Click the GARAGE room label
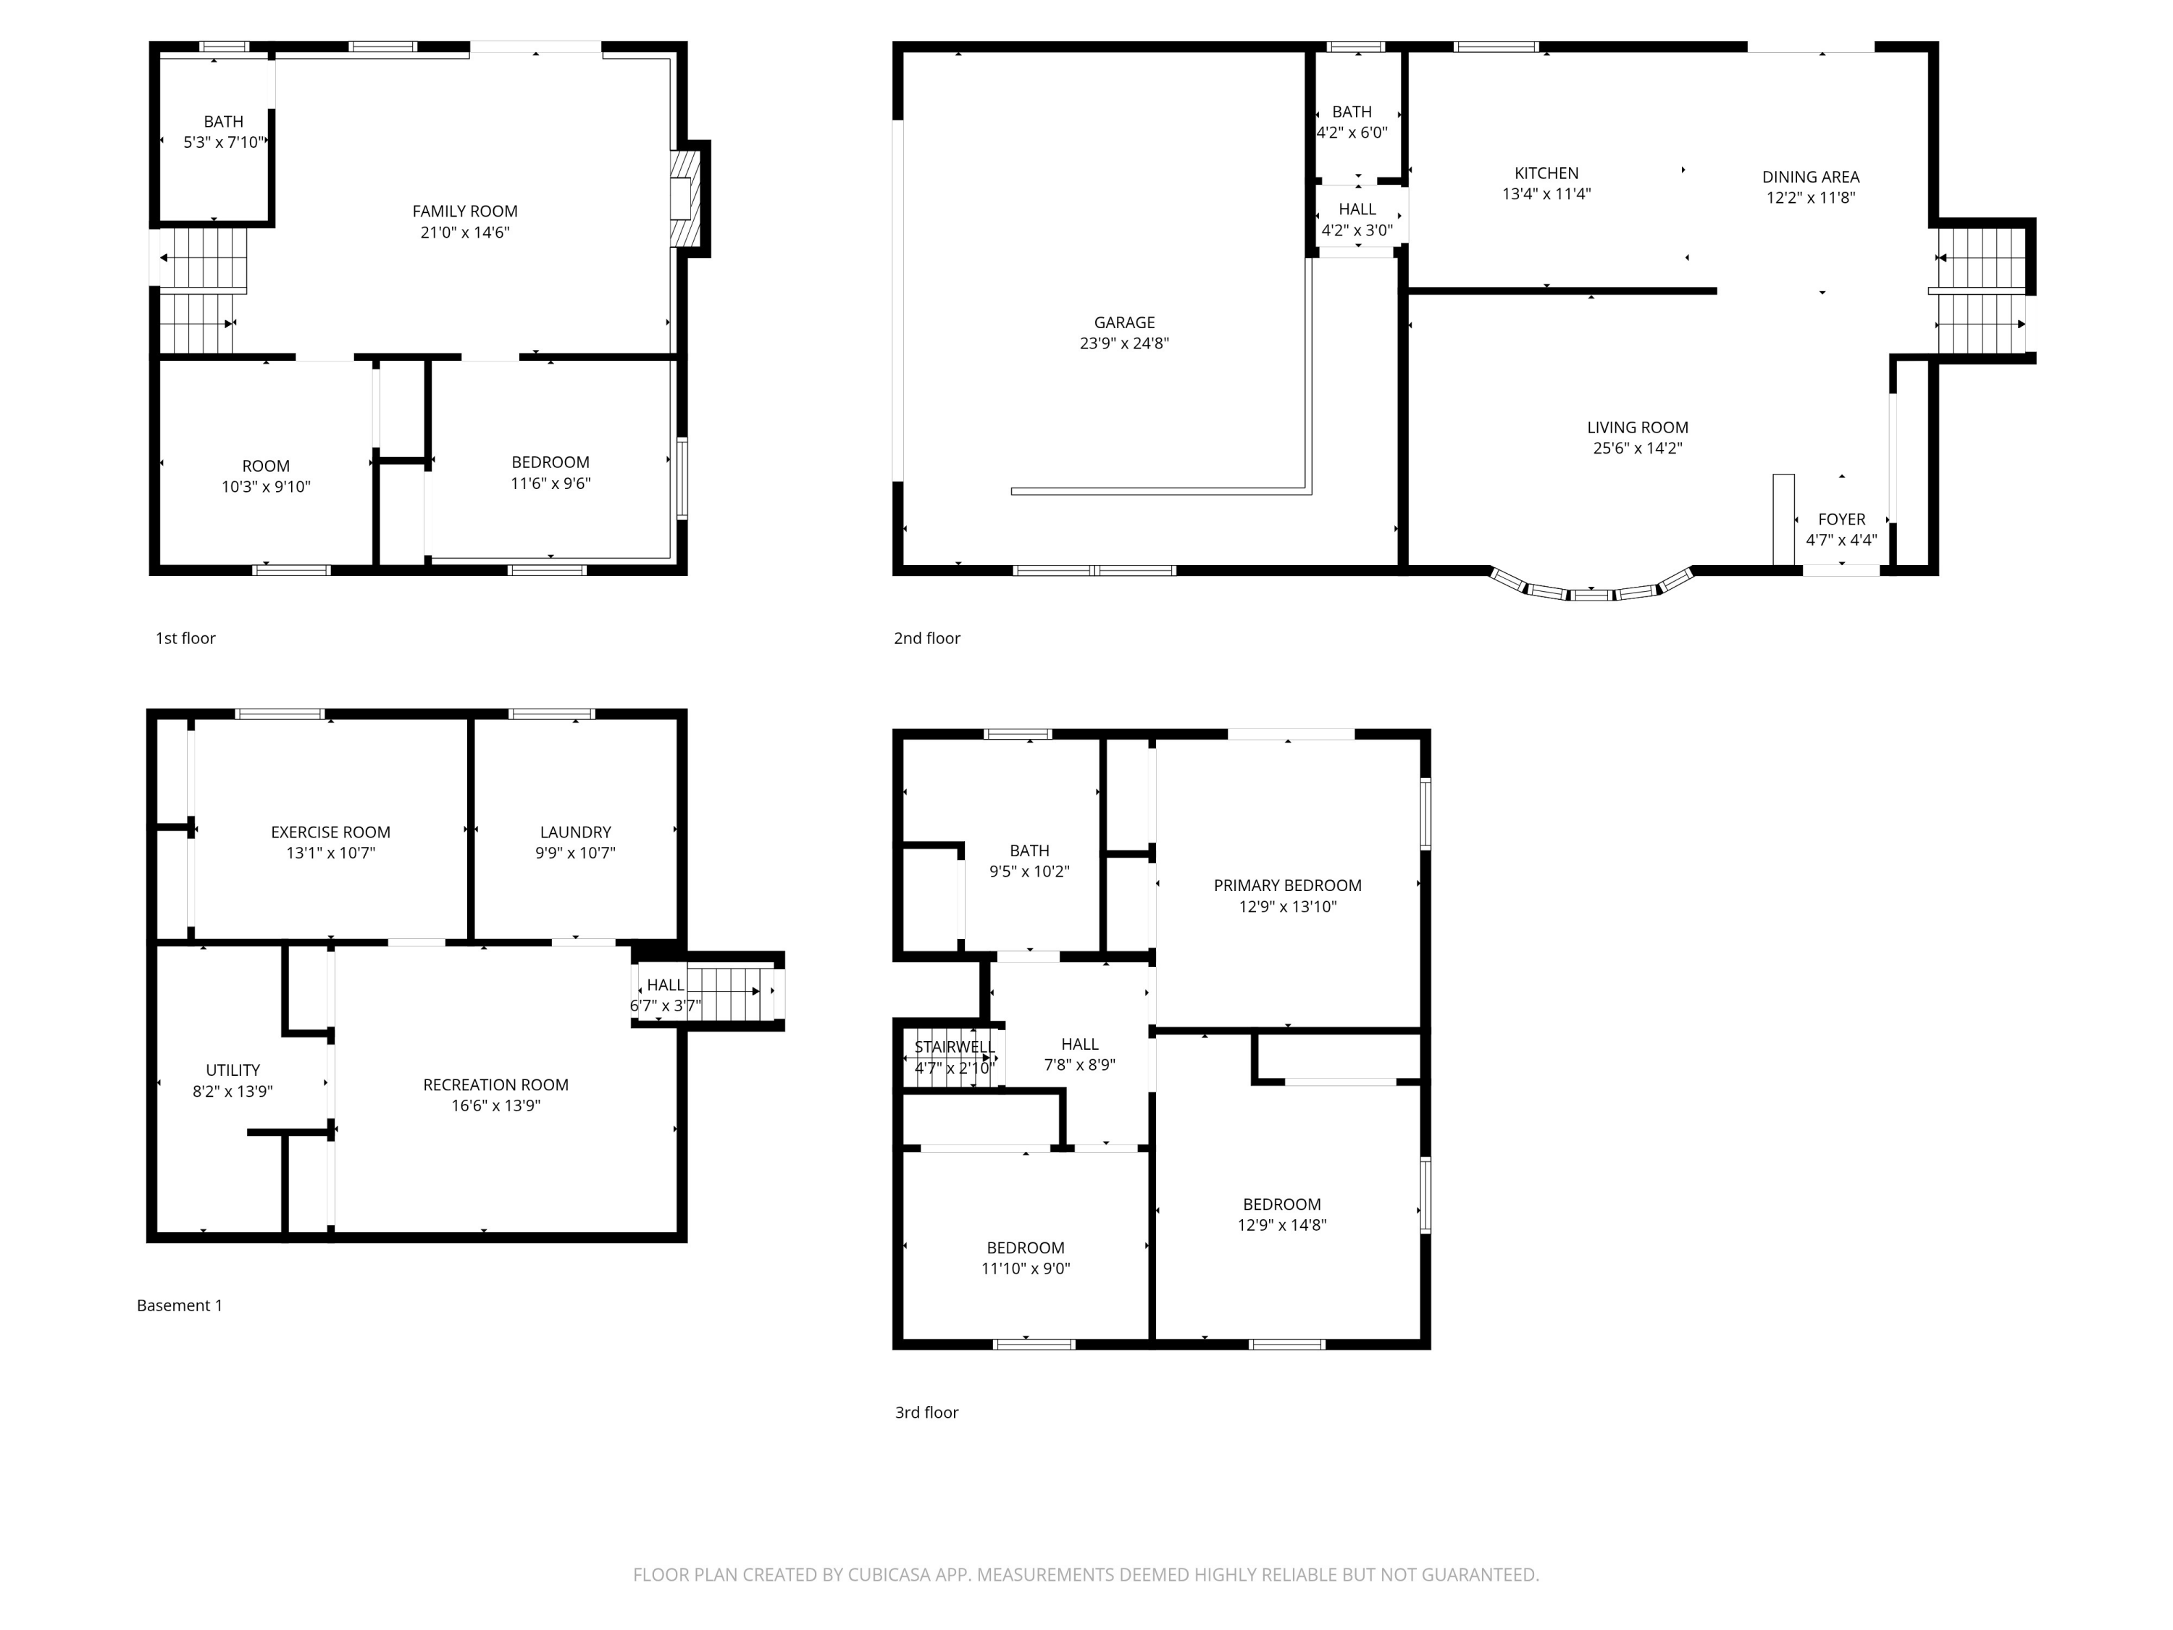pos(1124,322)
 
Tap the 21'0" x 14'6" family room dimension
pos(465,233)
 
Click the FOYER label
pos(1841,519)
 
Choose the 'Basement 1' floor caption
pos(180,1305)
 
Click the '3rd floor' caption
pos(926,1412)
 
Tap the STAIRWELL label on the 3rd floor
pos(954,1046)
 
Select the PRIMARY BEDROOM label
pos(1287,885)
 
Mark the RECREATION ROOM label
pos(495,1084)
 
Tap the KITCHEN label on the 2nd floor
pos(1546,173)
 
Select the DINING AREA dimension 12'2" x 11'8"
pos(1811,198)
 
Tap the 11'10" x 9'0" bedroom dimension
pos(1026,1269)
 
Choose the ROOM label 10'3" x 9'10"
pos(265,466)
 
